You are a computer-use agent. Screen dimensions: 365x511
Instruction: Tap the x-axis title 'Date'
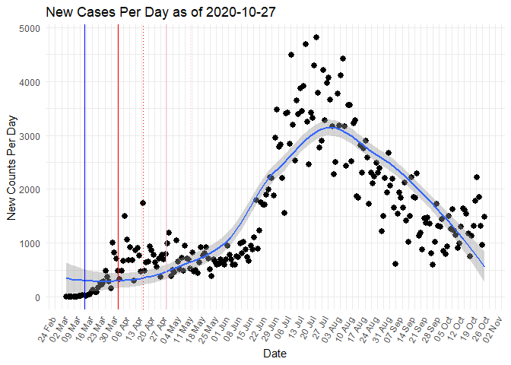click(275, 354)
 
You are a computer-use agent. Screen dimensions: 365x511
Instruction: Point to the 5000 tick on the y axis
click(34, 28)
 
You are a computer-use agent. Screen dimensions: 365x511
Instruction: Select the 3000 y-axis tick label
click(34, 135)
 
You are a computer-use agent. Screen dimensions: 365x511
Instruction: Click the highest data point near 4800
click(316, 37)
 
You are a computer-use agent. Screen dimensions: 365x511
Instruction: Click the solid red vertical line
click(167, 167)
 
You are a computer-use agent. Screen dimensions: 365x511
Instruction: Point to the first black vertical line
click(84, 167)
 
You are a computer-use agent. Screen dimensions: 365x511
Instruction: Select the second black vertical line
click(118, 167)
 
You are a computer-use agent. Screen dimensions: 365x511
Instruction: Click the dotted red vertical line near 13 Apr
click(144, 167)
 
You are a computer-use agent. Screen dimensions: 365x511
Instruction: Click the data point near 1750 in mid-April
click(143, 203)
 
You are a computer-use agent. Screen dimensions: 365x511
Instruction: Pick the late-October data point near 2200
click(477, 177)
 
